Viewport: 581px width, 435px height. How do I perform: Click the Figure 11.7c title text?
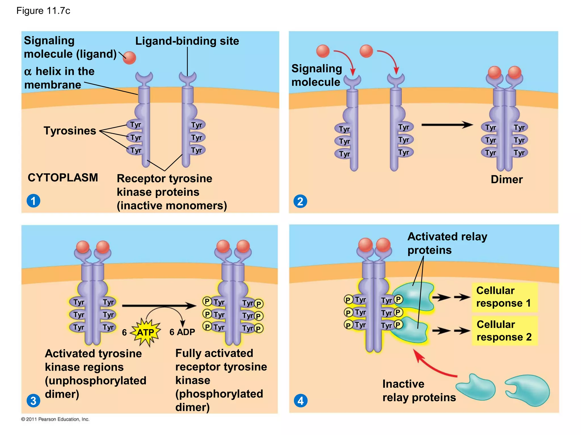[43, 11]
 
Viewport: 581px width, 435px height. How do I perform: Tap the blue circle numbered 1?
[33, 201]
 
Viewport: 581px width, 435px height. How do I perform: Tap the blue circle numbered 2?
[300, 201]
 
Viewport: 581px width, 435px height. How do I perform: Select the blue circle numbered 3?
[33, 400]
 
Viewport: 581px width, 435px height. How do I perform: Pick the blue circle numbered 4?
[300, 401]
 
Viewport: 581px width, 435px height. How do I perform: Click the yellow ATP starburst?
[146, 332]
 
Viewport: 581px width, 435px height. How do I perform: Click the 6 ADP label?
[182, 332]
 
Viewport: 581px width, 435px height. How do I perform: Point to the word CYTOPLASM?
[63, 178]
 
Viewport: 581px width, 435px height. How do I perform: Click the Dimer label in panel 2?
[507, 179]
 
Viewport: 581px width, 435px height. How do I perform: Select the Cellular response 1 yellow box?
[504, 297]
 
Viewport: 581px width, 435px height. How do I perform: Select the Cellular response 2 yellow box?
[504, 331]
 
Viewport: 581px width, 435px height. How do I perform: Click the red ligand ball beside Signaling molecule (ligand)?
[130, 58]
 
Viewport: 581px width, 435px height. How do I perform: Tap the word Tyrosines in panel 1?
[70, 131]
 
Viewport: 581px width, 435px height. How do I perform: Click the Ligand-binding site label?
[187, 41]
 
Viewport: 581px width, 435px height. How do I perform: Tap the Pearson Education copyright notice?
[55, 419]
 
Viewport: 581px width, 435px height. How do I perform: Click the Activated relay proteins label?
[447, 243]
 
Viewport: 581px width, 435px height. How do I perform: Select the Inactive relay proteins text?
[419, 391]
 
